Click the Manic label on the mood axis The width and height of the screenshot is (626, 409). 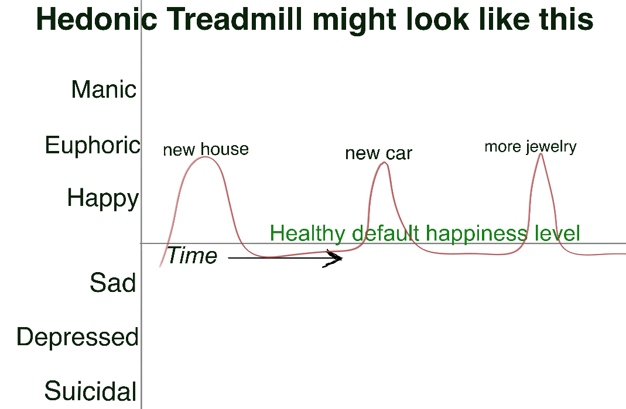click(104, 89)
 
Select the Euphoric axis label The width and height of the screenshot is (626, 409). click(93, 145)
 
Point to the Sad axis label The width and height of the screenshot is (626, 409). click(113, 283)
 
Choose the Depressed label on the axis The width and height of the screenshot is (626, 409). click(77, 338)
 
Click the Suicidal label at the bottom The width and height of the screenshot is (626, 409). click(91, 391)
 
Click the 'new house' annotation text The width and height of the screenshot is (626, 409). click(206, 150)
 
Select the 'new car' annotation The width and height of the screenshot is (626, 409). click(378, 153)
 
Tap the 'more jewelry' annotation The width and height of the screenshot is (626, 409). click(531, 147)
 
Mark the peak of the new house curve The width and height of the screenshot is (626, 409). click(205, 157)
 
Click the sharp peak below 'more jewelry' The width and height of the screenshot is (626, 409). click(541, 154)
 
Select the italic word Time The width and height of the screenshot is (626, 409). click(192, 255)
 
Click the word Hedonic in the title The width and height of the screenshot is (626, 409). click(97, 19)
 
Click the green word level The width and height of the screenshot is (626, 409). click(557, 233)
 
